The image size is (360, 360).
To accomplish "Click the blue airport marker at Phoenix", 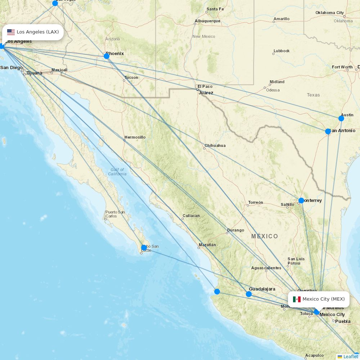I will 107,56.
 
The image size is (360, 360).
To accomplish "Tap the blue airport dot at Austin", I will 341,118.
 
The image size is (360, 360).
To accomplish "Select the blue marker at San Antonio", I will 328,131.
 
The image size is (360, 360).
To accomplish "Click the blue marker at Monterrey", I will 301,201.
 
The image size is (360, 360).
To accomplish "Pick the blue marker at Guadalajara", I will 249,294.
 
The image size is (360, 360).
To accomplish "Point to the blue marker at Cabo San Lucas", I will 144,248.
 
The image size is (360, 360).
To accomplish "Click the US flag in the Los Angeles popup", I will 11,32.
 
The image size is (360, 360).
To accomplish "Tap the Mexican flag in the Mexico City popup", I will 297,299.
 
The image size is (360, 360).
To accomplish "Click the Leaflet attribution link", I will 350,356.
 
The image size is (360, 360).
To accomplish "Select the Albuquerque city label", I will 207,21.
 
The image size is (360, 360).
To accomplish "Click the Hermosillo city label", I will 135,137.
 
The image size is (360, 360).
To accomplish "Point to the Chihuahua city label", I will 215,145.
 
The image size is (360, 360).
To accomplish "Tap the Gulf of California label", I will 117,172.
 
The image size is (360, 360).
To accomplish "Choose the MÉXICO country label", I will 265,236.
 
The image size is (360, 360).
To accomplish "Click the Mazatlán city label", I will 207,245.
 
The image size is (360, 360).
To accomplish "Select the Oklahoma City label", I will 329,13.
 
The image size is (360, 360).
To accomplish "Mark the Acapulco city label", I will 314,355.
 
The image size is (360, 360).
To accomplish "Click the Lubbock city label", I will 282,51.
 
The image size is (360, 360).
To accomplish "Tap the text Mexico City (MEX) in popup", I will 323,299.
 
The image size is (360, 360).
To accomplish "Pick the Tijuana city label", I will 34,73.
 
